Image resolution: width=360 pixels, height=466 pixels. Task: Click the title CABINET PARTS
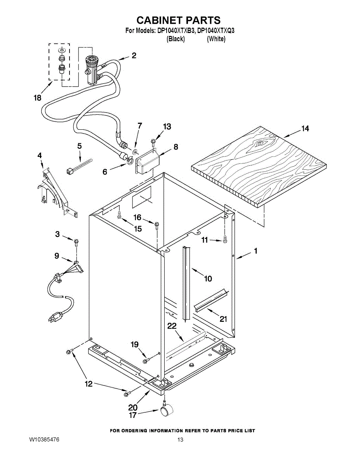coord(179,20)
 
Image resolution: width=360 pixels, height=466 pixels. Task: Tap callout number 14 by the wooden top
coord(305,129)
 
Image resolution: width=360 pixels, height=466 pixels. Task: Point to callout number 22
coord(172,326)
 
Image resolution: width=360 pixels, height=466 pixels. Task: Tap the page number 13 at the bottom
coord(180,440)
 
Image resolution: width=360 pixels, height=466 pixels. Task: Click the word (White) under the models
coord(216,39)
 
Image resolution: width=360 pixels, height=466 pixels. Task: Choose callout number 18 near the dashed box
coord(37,98)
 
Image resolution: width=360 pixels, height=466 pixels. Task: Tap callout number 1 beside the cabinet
coord(256,251)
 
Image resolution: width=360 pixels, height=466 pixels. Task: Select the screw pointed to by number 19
coord(145,361)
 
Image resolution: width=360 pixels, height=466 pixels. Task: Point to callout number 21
coord(223,319)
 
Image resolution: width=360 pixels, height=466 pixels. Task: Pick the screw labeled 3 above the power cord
coord(77,242)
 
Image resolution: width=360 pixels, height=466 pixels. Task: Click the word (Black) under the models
coord(176,39)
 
